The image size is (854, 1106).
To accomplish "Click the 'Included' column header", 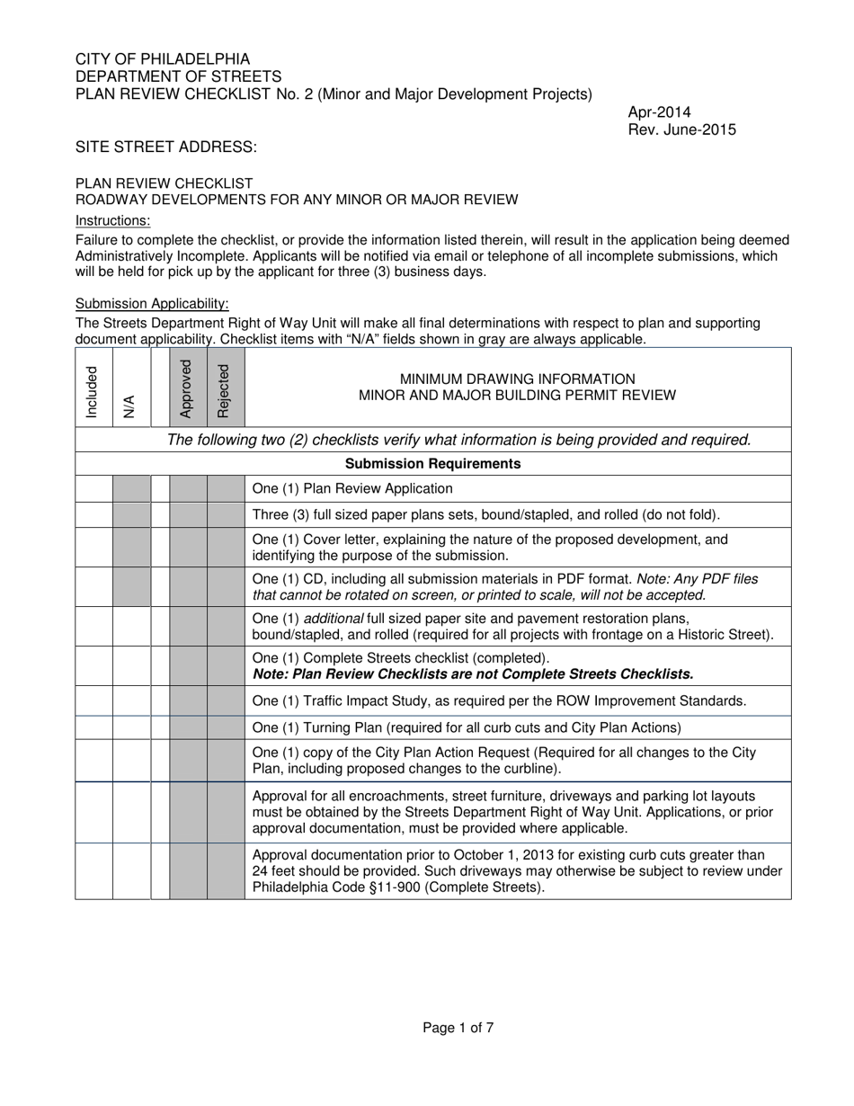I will (93, 391).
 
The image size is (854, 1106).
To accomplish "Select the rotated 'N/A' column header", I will (130, 406).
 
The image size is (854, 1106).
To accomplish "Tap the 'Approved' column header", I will (187, 388).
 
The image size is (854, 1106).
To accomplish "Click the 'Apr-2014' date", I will (659, 112).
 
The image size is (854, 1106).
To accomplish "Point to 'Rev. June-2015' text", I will (681, 129).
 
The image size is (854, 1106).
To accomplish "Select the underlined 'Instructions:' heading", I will (112, 221).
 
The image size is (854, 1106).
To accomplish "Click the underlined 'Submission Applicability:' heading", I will (152, 304).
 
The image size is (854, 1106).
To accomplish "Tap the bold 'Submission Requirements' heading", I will (432, 464).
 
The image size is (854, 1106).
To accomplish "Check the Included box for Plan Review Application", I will (93, 489).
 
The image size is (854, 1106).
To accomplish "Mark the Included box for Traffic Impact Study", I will (93, 700).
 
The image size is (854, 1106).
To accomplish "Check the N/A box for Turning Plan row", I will (131, 727).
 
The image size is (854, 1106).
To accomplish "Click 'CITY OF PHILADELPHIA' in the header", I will (163, 59).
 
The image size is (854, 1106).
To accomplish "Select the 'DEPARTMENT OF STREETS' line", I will (178, 76).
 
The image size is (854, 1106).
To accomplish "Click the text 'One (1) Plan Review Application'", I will (352, 489).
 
